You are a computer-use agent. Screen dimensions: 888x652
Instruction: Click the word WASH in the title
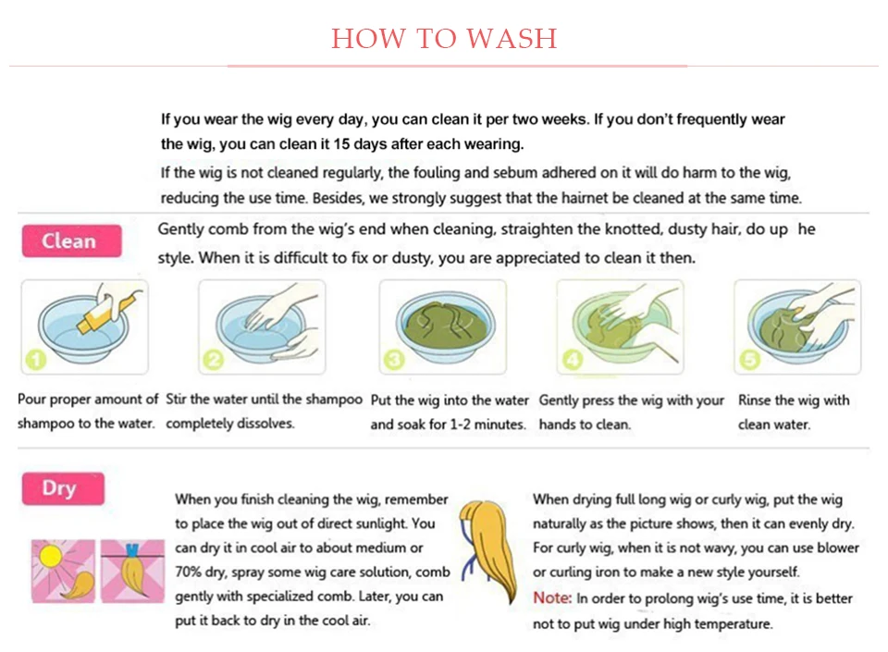[512, 39]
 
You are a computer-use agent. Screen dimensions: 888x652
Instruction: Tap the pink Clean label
[71, 241]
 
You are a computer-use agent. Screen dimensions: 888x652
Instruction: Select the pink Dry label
[63, 488]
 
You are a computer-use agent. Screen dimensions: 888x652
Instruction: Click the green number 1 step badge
[36, 360]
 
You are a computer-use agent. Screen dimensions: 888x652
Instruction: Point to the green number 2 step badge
[214, 360]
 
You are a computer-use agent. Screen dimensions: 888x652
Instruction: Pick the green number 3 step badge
[394, 360]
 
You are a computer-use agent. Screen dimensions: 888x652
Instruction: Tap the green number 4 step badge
[572, 360]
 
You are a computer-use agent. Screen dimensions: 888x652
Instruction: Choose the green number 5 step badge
[749, 360]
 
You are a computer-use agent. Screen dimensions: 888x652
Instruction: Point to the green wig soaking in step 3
[444, 324]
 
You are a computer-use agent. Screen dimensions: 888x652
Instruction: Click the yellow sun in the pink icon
[51, 557]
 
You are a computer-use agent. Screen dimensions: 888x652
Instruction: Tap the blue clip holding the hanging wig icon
[132, 550]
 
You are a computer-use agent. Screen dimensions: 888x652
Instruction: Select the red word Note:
[552, 597]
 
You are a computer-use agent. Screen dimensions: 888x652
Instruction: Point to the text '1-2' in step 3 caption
[460, 424]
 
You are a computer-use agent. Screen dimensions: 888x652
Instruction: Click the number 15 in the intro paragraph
[341, 143]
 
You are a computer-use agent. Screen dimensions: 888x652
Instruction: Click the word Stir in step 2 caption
[176, 399]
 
